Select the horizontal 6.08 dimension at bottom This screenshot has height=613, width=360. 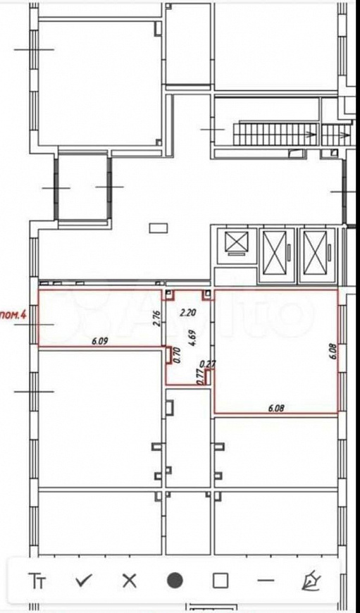tap(275, 407)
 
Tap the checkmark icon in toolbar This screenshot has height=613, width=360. tap(84, 581)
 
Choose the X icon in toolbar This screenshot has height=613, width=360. tap(129, 581)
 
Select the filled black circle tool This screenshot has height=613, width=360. tap(175, 581)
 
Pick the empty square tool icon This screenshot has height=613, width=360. tap(221, 581)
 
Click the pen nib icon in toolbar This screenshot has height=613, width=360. tap(311, 581)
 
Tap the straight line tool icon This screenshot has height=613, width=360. tap(266, 581)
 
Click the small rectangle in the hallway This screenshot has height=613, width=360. tap(159, 227)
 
